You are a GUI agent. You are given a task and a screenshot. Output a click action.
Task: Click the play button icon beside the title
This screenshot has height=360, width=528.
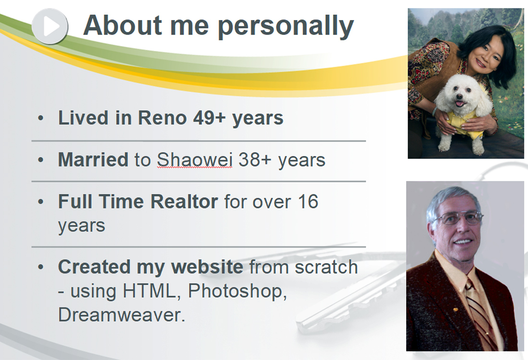(x=50, y=26)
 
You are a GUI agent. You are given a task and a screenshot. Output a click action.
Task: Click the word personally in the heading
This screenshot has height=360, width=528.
(x=286, y=27)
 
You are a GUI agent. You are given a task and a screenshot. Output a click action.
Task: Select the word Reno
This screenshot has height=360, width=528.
(x=162, y=118)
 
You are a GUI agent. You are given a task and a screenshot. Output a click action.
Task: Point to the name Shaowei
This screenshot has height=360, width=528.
(x=194, y=160)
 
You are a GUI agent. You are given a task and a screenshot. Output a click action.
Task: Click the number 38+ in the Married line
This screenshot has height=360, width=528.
(x=254, y=160)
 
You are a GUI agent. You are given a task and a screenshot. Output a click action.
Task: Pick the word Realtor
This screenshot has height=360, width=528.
(x=184, y=202)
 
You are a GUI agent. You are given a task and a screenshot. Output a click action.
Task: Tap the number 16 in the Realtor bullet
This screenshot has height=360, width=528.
(x=308, y=202)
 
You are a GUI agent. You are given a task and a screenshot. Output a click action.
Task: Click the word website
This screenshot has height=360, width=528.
(x=207, y=267)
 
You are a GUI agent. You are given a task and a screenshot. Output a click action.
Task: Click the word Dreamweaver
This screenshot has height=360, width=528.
(x=121, y=315)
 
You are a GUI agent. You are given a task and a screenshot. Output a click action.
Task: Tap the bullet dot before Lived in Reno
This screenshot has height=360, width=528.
(x=41, y=118)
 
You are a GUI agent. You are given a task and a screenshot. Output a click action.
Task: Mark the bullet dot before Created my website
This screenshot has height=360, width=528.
(x=41, y=267)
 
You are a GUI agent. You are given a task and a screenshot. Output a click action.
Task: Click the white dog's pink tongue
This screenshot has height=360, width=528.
(x=459, y=103)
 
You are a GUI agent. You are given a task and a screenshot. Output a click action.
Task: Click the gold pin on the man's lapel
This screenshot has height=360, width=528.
(x=455, y=309)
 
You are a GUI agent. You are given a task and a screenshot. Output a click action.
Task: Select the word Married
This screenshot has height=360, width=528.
(x=93, y=160)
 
